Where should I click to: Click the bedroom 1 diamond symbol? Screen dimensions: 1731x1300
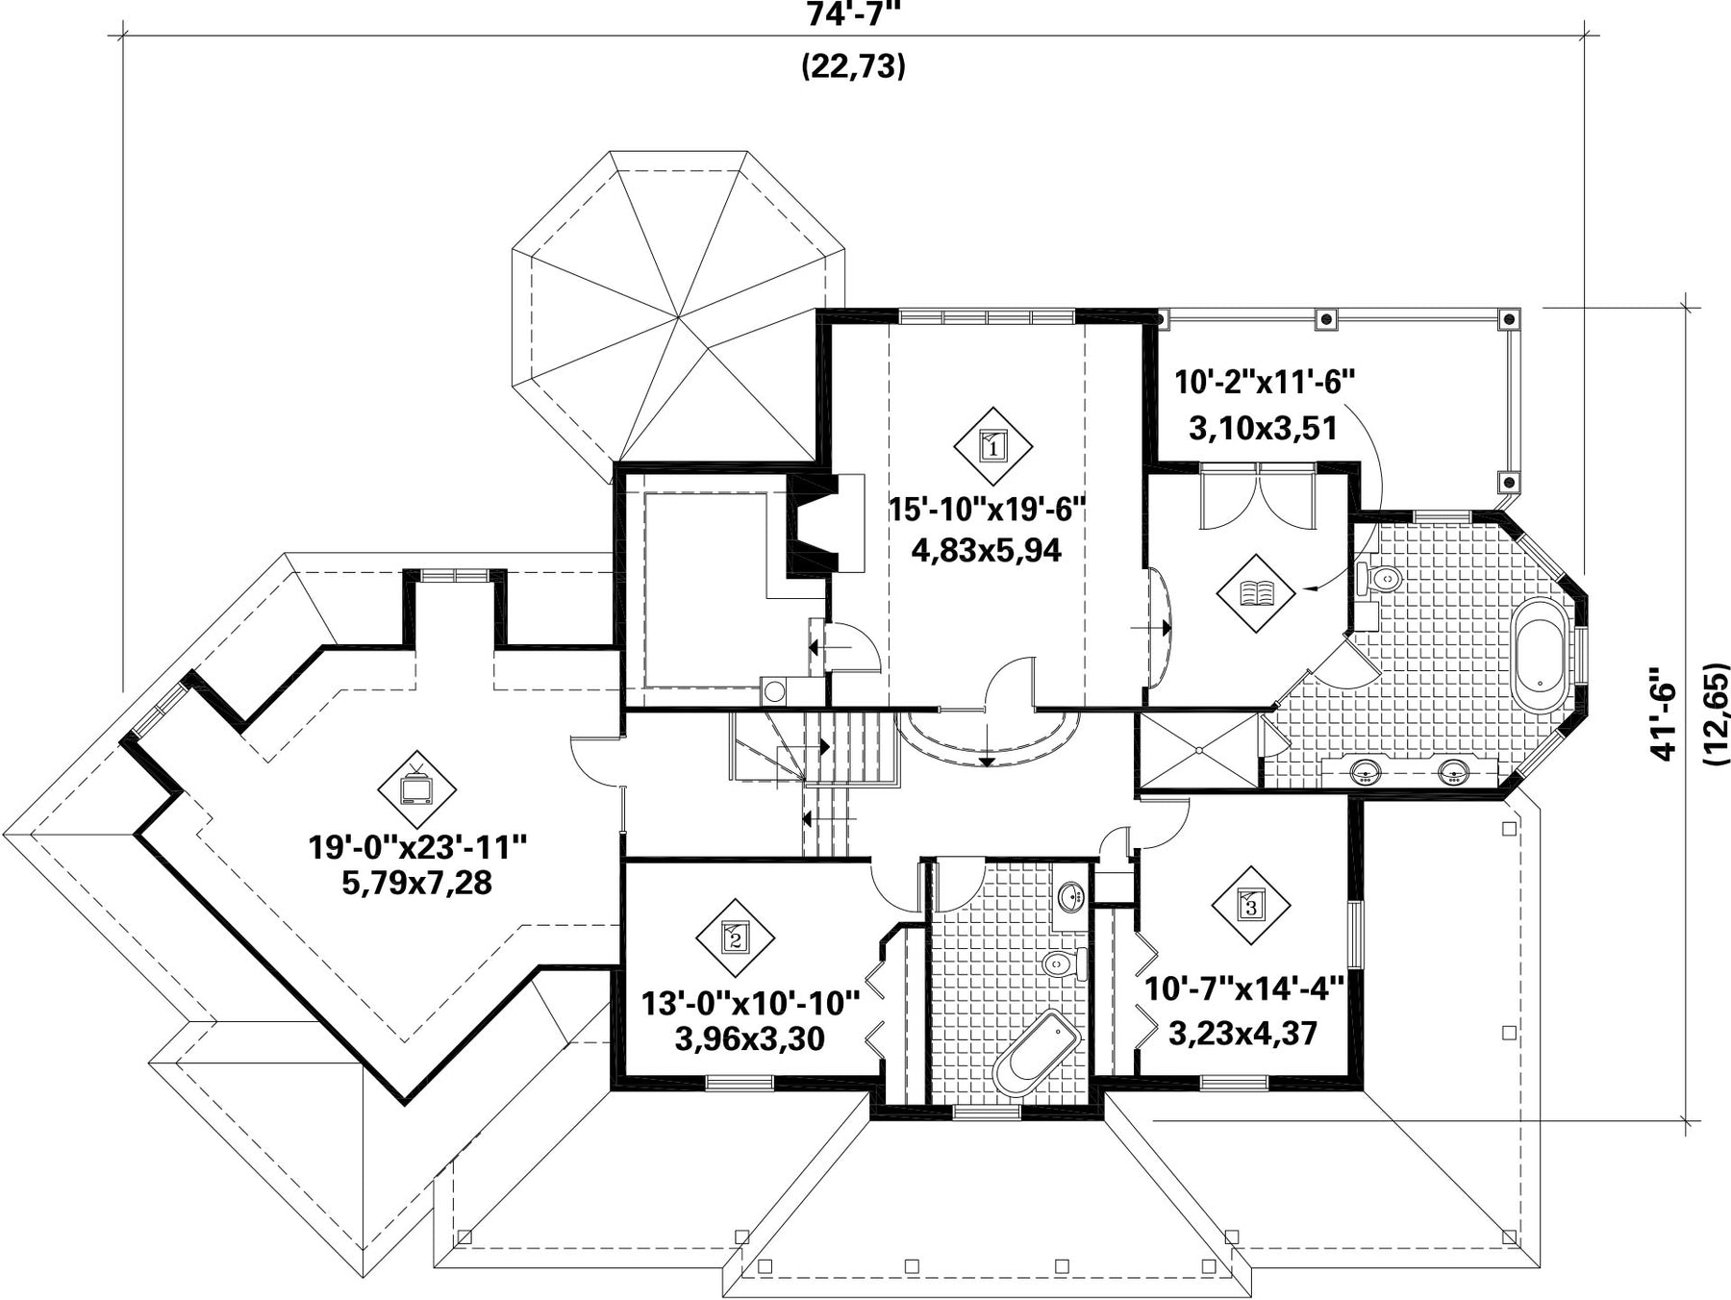(x=993, y=446)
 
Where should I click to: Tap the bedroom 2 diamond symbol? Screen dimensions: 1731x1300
(x=736, y=937)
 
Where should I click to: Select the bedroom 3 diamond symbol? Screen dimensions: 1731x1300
(x=1250, y=904)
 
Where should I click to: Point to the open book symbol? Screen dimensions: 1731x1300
(x=1256, y=592)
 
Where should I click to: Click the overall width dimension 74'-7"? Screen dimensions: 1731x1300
(x=854, y=14)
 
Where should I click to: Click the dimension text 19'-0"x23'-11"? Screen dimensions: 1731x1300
(x=418, y=847)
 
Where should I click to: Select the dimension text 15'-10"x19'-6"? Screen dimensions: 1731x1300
(x=987, y=509)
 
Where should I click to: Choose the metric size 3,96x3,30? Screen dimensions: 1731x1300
(x=750, y=1038)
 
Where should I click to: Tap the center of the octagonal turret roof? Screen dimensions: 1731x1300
(x=678, y=317)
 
